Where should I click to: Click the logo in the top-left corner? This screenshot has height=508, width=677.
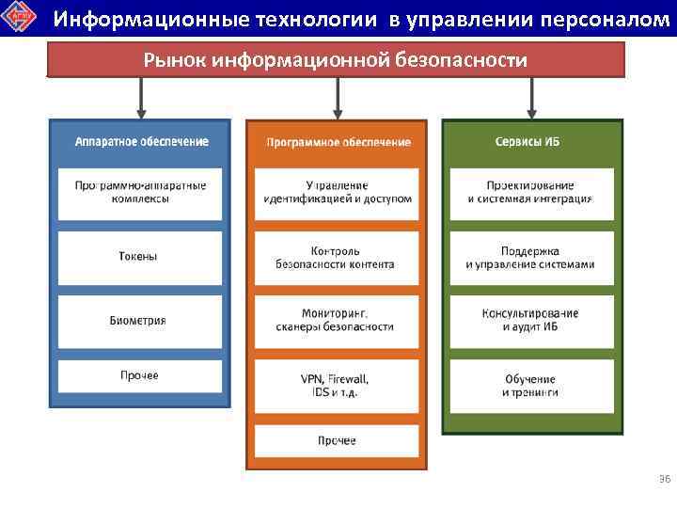point(20,18)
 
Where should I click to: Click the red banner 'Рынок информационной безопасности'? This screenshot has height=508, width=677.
point(336,60)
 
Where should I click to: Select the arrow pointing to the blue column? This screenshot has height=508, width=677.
point(141,97)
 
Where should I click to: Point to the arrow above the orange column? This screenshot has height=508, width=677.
point(338,97)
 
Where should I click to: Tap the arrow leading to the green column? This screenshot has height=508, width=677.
point(532,97)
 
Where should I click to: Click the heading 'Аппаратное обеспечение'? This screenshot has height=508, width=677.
point(141,141)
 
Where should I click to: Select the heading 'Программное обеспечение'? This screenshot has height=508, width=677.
point(338,142)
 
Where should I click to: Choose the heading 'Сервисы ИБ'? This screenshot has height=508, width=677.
point(532,141)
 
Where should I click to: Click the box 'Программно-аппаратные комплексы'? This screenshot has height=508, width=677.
point(141,192)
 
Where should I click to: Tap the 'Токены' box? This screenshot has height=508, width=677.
point(141,256)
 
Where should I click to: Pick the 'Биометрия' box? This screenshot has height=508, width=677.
point(141,320)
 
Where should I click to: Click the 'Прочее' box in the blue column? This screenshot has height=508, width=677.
point(141,376)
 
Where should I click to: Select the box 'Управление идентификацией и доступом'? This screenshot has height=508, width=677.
point(338,192)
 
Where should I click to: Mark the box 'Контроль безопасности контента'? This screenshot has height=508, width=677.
point(338,257)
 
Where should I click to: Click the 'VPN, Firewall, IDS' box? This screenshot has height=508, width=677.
point(338,385)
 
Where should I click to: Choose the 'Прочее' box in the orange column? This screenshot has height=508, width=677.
point(338,440)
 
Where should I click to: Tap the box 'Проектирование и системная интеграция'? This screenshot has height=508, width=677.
point(532,192)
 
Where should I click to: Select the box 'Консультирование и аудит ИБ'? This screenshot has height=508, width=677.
point(532,320)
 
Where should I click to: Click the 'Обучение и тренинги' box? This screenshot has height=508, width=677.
point(532,385)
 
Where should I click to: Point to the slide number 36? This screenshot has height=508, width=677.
point(664,481)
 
